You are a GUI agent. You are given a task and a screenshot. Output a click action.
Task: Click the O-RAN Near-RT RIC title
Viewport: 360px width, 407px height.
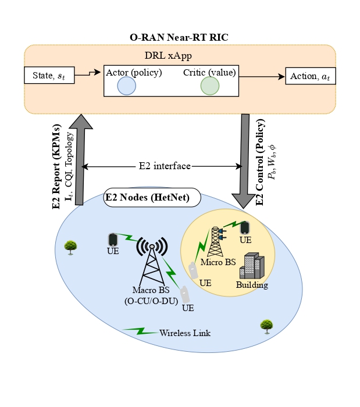pos(179,37)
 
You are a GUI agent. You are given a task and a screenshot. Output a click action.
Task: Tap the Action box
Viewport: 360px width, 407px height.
pos(310,76)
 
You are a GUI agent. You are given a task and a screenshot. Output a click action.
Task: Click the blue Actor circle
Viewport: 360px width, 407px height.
pos(126,86)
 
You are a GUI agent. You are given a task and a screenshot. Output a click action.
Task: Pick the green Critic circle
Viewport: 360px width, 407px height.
pos(209,86)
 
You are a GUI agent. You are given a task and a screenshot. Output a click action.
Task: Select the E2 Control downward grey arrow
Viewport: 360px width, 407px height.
pos(245,157)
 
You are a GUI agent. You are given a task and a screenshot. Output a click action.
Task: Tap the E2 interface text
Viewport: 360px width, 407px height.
pos(165,166)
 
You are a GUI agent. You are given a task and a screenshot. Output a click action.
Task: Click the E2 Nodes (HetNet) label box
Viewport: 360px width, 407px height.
pos(152,197)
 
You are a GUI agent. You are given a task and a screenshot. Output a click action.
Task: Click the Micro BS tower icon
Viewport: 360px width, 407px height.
pos(218,241)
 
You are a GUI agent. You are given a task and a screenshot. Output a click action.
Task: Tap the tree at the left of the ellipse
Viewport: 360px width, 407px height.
pos(71,247)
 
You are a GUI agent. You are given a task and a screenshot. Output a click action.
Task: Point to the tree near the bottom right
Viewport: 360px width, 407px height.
pos(267,326)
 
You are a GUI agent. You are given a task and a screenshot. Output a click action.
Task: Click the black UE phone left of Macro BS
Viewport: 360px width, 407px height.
pos(113,240)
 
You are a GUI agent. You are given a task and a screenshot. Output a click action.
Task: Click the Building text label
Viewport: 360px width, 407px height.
pos(252,285)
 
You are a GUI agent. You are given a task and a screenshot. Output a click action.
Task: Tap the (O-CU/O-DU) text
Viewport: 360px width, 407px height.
pos(151,300)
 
